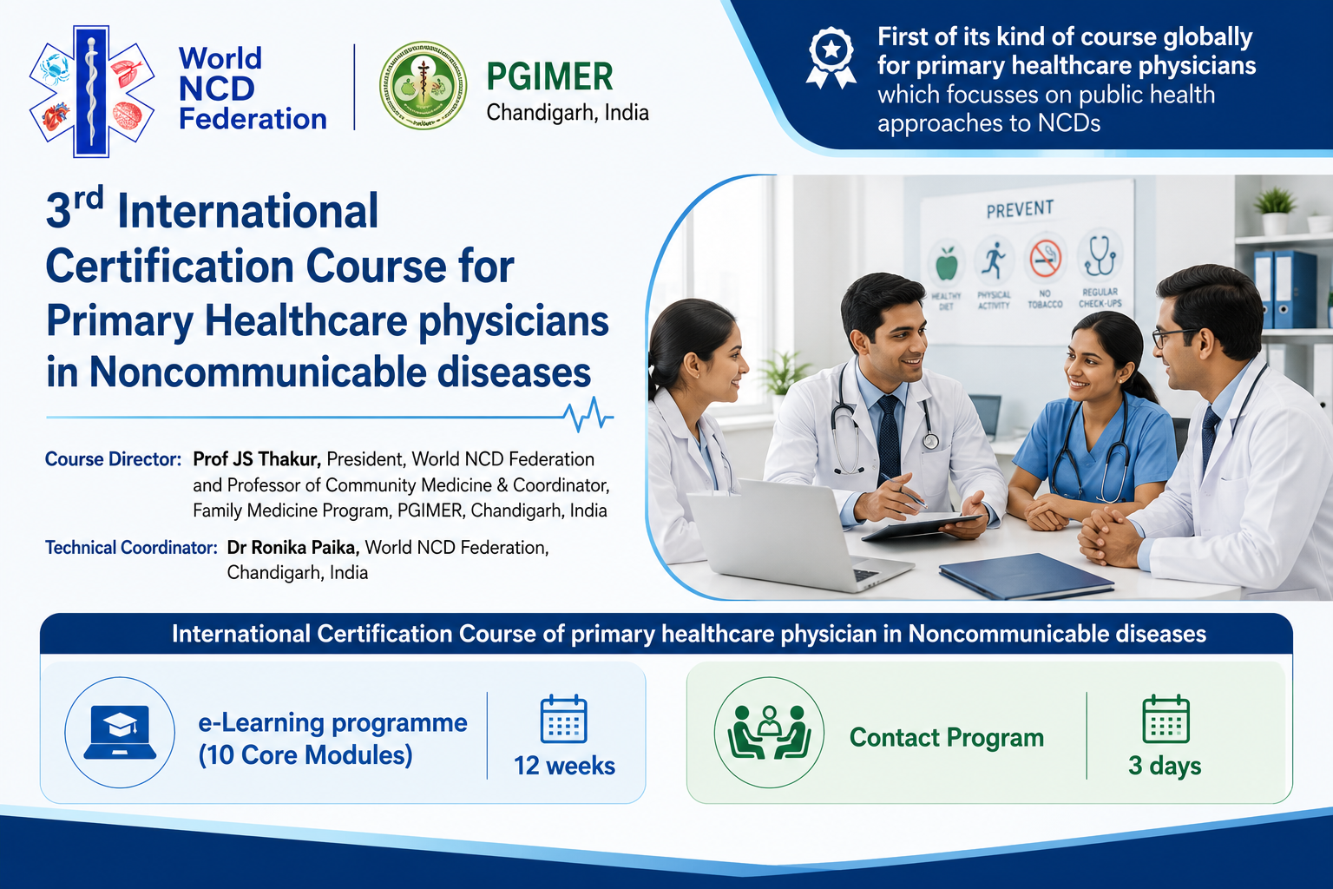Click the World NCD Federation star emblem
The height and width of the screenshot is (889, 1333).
92,91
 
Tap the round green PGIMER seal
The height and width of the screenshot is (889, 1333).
424,85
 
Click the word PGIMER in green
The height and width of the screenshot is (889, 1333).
549,76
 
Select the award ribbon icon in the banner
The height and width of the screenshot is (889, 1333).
831,58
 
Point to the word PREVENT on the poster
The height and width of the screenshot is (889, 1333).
1020,209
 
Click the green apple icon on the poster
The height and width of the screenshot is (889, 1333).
947,264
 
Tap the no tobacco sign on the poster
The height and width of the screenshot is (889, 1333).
1046,259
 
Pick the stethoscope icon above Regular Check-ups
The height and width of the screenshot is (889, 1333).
1100,255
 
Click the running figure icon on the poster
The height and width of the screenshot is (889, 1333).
994,260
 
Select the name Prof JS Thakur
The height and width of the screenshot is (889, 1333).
257,459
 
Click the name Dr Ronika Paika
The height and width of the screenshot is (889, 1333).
292,547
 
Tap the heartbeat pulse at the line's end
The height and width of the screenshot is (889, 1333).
588,414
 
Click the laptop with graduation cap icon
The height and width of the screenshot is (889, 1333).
121,732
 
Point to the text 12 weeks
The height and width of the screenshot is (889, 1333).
564,766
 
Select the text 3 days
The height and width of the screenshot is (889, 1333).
1165,766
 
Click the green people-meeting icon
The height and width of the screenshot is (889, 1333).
769,733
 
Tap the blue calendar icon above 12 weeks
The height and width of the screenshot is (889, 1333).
563,719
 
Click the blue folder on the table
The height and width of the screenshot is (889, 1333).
1026,575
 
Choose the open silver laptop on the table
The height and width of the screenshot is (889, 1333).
798,534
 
